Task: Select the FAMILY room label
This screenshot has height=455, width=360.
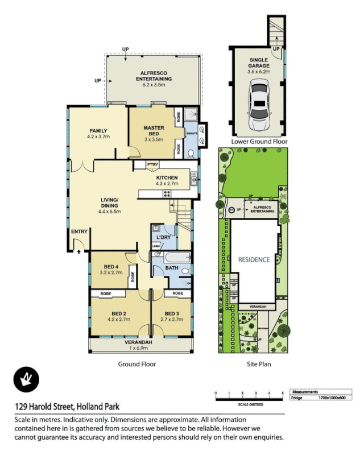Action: click(x=97, y=134)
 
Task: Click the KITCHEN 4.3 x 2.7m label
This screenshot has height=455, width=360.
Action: click(x=167, y=181)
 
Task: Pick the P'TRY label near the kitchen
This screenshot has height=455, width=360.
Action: click(x=151, y=165)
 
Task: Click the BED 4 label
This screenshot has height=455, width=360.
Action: click(x=111, y=270)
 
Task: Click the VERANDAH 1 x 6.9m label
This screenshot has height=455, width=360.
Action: click(x=139, y=345)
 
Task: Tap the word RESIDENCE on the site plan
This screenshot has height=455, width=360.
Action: click(x=254, y=259)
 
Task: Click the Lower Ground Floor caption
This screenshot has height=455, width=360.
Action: click(x=259, y=142)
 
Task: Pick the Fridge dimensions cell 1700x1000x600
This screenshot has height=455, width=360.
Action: click(x=333, y=398)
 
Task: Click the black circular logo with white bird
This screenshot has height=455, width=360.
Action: click(x=25, y=378)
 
